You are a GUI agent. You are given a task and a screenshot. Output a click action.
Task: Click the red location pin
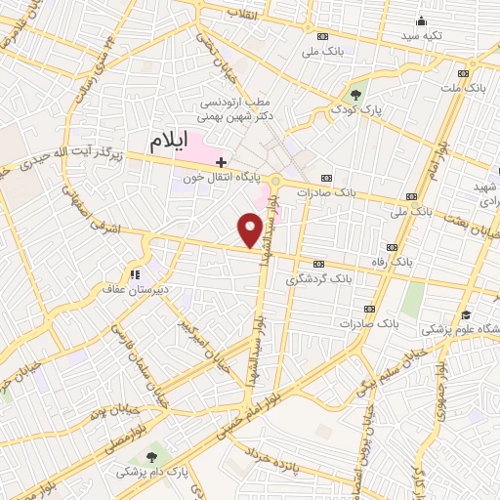tap(251, 229)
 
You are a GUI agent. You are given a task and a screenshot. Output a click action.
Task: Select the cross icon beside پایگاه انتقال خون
tap(222, 161)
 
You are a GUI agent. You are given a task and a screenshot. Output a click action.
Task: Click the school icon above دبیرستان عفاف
tap(135, 273)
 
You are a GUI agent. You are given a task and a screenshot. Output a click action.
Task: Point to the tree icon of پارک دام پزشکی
tap(150, 456)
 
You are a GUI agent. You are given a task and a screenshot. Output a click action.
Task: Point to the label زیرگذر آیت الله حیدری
tap(75, 159)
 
